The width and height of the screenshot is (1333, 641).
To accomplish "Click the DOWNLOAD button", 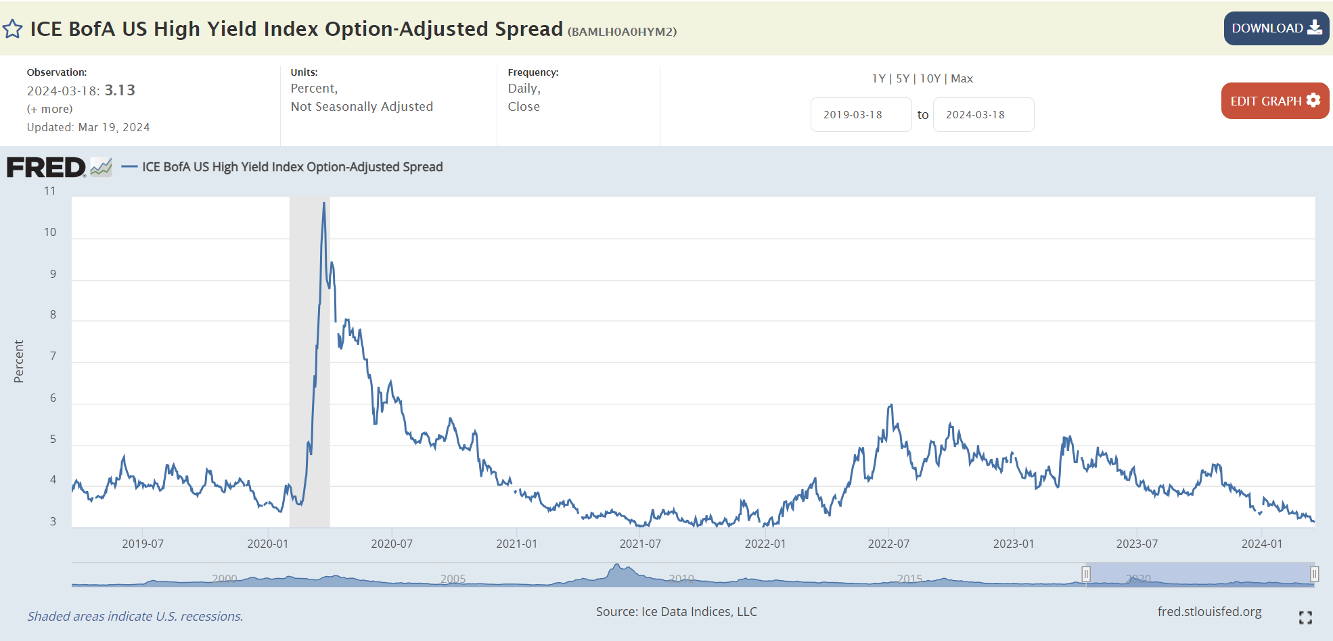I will tap(1275, 28).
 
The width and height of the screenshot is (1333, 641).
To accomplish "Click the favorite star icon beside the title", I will tap(12, 29).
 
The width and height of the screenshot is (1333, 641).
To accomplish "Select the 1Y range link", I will tap(878, 78).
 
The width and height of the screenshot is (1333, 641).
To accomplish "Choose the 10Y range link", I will tap(930, 78).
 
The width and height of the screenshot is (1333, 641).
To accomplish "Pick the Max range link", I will tap(962, 78).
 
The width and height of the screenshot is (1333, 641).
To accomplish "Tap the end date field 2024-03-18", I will tap(982, 115).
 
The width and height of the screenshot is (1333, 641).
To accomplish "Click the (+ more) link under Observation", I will tap(49, 109).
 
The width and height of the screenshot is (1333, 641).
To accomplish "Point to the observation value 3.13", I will tap(120, 91).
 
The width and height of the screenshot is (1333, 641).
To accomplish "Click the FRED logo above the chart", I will tap(47, 167).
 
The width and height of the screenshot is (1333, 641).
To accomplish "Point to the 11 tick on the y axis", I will tap(49, 191).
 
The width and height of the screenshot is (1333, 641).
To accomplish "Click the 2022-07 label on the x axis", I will tap(888, 544).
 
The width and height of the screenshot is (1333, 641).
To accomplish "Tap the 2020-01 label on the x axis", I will tap(267, 544).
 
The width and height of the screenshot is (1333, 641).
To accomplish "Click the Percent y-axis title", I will tap(19, 361).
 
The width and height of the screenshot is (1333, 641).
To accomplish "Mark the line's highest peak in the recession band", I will tap(324, 203).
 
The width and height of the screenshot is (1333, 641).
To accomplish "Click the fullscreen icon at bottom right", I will tap(1305, 617).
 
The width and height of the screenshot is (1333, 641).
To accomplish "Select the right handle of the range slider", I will tap(1314, 574).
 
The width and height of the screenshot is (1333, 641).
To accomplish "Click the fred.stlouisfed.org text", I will tap(1209, 611).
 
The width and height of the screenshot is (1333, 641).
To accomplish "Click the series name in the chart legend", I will tap(292, 167).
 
